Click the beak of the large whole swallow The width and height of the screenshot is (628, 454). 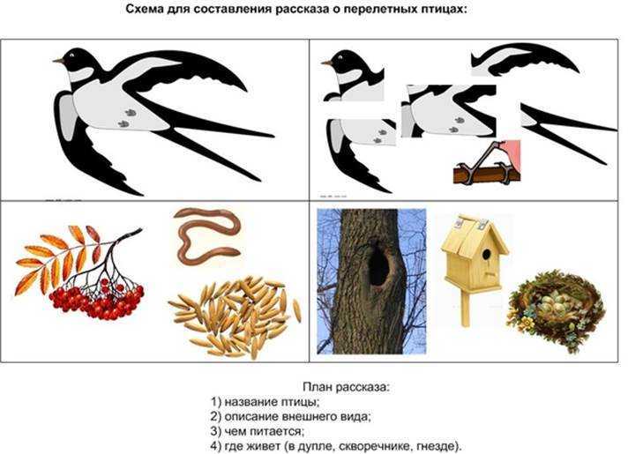(58, 61)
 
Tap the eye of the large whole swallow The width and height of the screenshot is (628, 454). (72, 55)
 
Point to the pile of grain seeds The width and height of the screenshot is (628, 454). (235, 316)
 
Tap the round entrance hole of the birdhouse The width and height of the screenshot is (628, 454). (486, 254)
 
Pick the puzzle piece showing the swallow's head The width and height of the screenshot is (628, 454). (353, 75)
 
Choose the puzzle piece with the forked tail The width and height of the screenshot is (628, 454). (569, 133)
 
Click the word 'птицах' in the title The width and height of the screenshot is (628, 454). (445, 9)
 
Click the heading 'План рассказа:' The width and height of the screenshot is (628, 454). (347, 387)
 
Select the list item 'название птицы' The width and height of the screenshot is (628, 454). (271, 402)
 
